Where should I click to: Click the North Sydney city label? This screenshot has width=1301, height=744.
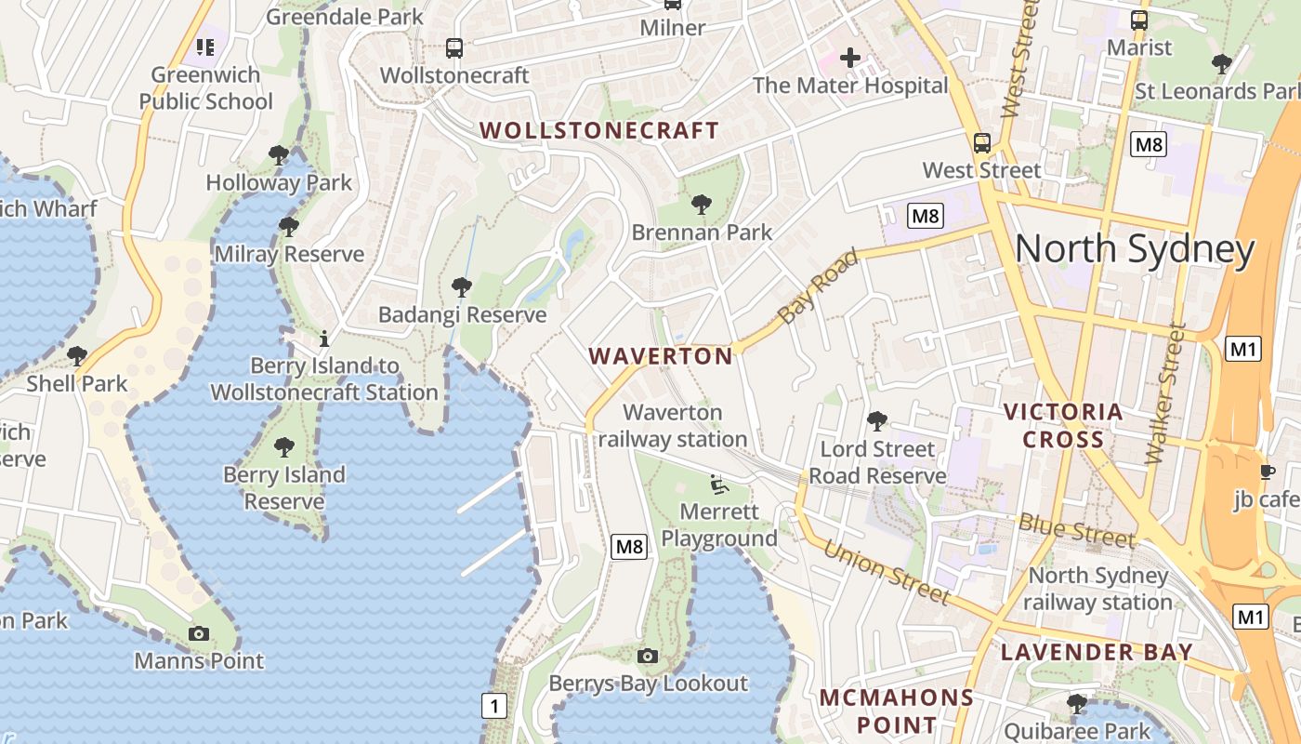1135,249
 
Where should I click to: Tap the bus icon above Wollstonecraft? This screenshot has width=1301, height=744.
453,48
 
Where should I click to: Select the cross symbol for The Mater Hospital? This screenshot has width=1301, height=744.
849,58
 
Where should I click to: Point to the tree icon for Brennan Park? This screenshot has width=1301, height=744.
702,205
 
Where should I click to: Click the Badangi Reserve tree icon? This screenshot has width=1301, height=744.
461,287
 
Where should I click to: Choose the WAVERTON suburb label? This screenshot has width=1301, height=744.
661,356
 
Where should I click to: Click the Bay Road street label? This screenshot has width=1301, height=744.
817,286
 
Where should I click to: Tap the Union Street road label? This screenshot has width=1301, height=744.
887,573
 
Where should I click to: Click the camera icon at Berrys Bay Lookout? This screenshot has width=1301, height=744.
648,657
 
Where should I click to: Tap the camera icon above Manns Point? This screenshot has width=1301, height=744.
198,634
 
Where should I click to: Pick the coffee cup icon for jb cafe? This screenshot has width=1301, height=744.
1267,472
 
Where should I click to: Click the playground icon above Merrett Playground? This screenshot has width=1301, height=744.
717,484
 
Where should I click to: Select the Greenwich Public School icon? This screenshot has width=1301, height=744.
205,46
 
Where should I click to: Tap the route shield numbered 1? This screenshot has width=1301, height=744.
494,706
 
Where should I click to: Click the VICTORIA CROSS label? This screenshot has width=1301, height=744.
1063,425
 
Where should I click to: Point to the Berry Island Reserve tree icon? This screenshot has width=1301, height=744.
283,447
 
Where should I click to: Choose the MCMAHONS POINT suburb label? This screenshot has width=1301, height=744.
896,711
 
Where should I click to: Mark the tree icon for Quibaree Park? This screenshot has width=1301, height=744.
1076,703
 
